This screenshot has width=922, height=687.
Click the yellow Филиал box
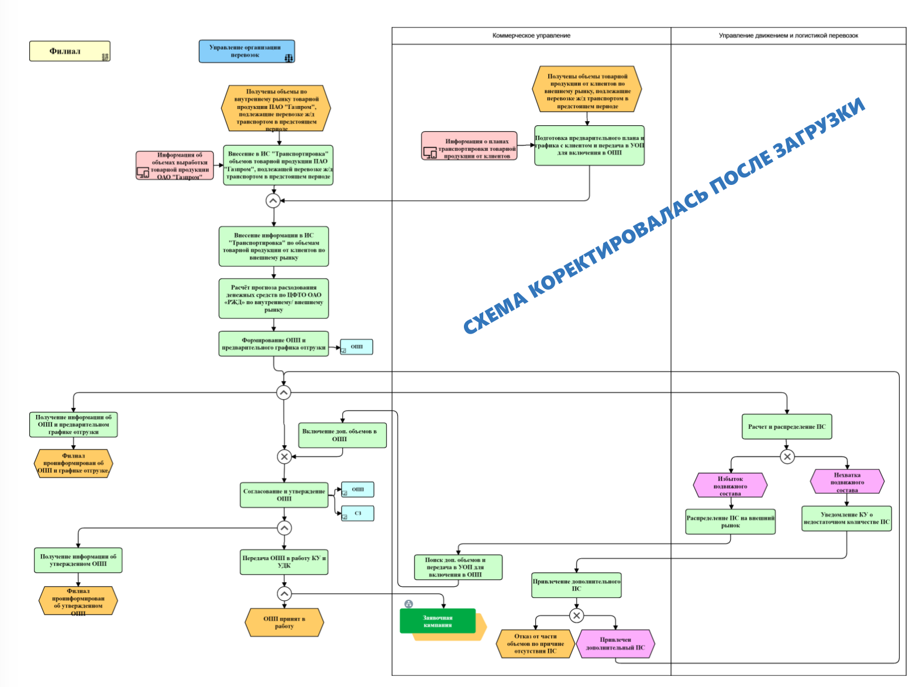[x=70, y=51]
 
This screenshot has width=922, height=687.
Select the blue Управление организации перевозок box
[x=246, y=51]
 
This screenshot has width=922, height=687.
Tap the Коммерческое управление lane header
[x=531, y=36]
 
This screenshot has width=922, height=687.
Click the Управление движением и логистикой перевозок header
[x=788, y=36]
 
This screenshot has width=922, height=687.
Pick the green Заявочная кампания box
[x=438, y=621]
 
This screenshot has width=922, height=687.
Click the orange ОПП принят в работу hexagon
[x=284, y=623]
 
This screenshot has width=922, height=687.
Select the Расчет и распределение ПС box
[x=786, y=427]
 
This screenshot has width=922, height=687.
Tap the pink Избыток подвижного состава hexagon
[x=730, y=486]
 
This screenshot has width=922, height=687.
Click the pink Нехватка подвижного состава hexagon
[x=847, y=482]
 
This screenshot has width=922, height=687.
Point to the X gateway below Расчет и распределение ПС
[x=787, y=456]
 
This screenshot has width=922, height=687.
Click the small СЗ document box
[x=357, y=513]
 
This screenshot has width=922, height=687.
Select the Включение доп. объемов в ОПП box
[x=342, y=435]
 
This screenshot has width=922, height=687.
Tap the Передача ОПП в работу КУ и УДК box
[x=284, y=562]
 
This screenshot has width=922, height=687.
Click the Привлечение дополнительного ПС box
[x=576, y=585]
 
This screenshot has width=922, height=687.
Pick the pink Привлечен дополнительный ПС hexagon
[x=615, y=644]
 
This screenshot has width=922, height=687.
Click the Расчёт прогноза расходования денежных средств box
[x=273, y=298]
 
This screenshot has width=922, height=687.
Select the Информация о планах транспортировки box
[x=470, y=146]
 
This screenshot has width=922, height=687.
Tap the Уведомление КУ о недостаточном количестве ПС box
[x=846, y=518]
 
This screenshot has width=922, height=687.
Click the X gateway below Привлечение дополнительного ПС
[x=576, y=616]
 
